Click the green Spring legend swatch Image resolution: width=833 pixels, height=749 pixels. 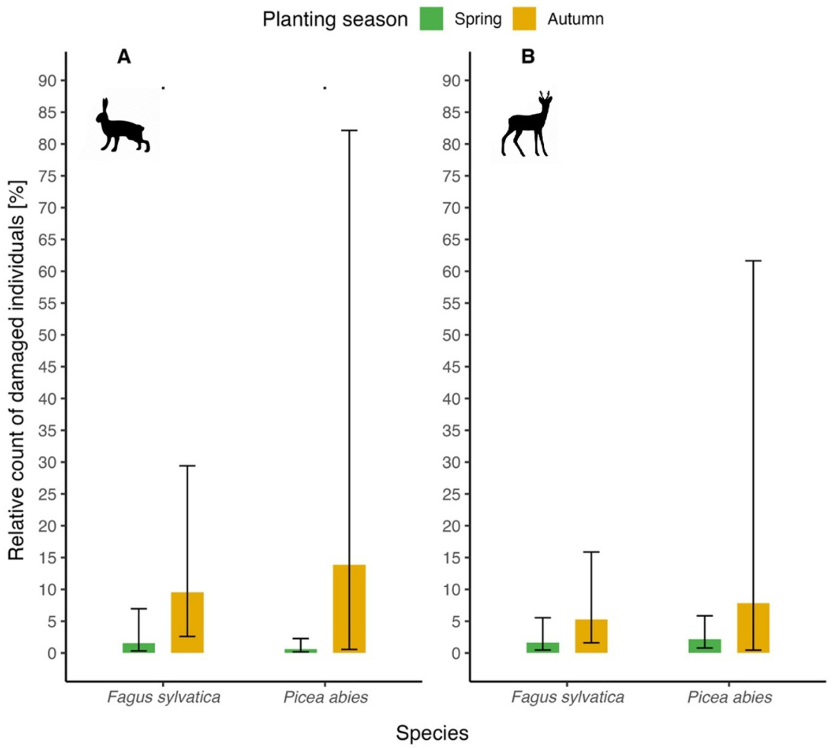(x=431, y=19)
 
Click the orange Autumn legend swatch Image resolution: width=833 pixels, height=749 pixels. (x=524, y=19)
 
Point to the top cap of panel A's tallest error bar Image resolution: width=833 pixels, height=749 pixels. (x=349, y=130)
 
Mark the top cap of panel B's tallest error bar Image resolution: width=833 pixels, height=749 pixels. (x=753, y=261)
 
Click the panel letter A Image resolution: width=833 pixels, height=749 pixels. (x=124, y=56)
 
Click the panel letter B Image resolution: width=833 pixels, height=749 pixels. (x=527, y=56)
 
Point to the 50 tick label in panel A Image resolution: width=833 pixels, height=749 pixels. (x=47, y=335)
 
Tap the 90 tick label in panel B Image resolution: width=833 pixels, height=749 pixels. (x=451, y=81)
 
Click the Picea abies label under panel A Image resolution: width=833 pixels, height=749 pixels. (x=326, y=697)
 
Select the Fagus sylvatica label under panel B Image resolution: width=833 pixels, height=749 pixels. (x=567, y=697)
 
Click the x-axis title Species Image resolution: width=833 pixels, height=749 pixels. (x=432, y=733)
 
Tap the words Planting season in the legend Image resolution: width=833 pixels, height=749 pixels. (x=335, y=20)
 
